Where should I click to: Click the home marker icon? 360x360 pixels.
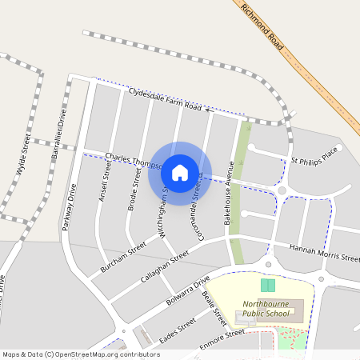(180, 173)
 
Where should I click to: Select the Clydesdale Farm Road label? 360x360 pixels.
(164, 99)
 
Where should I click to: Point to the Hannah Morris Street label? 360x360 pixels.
(324, 254)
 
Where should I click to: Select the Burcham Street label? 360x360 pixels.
(120, 258)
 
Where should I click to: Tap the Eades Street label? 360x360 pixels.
(177, 330)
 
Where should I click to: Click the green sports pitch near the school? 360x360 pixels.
(267, 286)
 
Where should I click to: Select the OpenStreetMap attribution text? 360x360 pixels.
(81, 354)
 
